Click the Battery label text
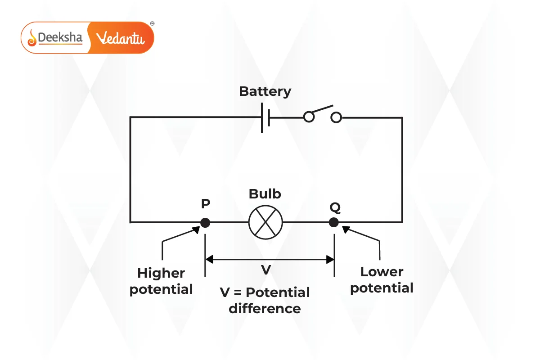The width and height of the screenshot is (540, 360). coord(265,91)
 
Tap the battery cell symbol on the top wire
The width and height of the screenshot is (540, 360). coord(265,118)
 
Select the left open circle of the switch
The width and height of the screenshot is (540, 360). coord(308,118)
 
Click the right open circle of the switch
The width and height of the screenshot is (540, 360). coord(336,118)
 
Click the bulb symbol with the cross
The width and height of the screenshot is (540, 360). coord(265,222)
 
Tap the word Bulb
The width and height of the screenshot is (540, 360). coord(265,194)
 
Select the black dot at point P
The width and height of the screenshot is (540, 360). coord(205,222)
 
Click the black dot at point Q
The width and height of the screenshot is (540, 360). coord(333,222)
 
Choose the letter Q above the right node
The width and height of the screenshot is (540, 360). coord(335,207)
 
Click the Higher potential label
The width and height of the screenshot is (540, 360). coord(161,281)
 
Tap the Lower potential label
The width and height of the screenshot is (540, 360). coord(382,280)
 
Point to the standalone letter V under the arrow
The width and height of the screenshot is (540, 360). coord(266,270)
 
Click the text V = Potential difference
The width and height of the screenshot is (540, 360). coord(265,300)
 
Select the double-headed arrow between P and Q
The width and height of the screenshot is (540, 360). coord(269,259)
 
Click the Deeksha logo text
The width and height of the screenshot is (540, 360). coord(60,38)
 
